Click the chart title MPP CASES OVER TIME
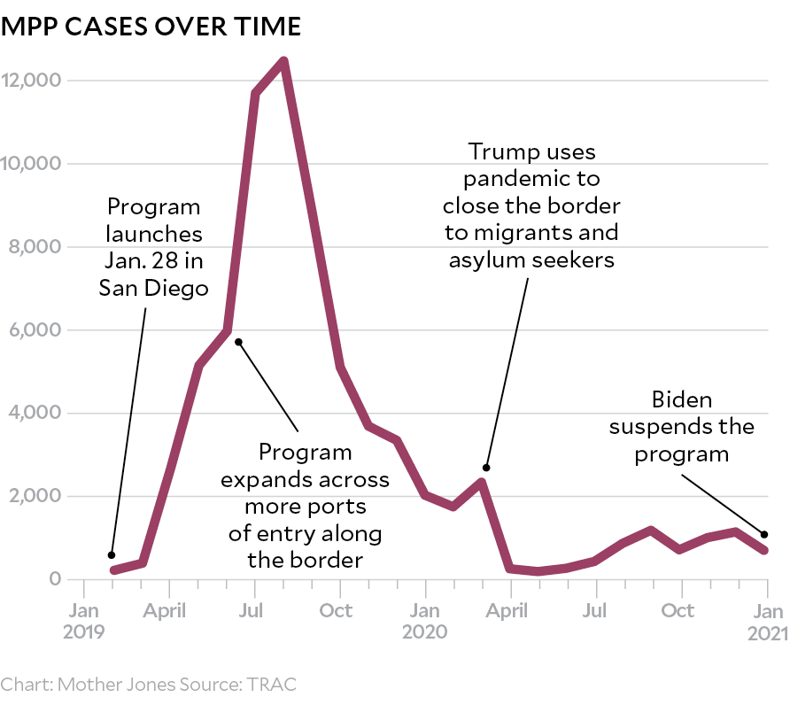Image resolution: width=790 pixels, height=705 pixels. [x=151, y=27]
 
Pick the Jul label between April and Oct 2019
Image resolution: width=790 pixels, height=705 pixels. [x=254, y=611]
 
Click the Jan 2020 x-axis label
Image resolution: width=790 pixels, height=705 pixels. [x=425, y=621]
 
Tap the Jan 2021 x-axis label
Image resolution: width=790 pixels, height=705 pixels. [x=767, y=621]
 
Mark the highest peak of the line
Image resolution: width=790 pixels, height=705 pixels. [x=283, y=60]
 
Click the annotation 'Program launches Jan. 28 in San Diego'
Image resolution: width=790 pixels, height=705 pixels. [x=154, y=247]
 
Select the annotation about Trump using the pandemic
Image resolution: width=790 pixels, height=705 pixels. [x=531, y=205]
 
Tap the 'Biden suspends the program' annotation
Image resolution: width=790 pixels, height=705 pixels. [x=682, y=427]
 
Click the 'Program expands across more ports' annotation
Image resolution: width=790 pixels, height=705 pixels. [x=305, y=506]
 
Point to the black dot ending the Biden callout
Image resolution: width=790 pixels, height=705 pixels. [x=763, y=534]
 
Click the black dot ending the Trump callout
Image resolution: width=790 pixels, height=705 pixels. [x=486, y=468]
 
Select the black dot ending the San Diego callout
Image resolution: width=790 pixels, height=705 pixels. [x=111, y=555]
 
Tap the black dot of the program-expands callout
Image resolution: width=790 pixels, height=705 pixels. [x=238, y=342]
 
